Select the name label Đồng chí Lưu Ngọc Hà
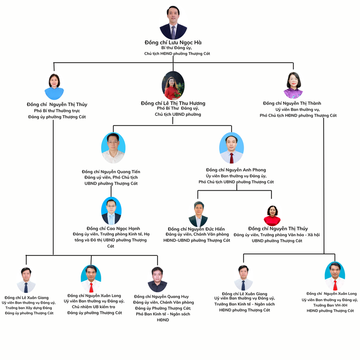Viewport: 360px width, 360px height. (173, 42)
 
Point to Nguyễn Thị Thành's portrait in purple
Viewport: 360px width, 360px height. (293, 86)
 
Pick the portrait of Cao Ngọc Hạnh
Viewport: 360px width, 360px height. (111, 211)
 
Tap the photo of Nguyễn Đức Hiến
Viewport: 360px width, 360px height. (198, 214)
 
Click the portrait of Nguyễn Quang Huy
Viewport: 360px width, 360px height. (157, 279)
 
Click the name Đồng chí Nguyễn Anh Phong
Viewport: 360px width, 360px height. (236, 170)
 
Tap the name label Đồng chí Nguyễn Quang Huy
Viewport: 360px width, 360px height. (161, 296)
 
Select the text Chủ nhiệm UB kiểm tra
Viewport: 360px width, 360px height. (94, 307)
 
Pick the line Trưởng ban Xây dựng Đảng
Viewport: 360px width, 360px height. (29, 307)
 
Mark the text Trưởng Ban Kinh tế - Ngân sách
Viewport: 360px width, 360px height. (244, 304)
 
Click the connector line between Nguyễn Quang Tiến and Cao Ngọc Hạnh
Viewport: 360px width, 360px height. (111, 191)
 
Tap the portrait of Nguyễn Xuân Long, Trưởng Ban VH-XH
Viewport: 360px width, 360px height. (335, 276)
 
